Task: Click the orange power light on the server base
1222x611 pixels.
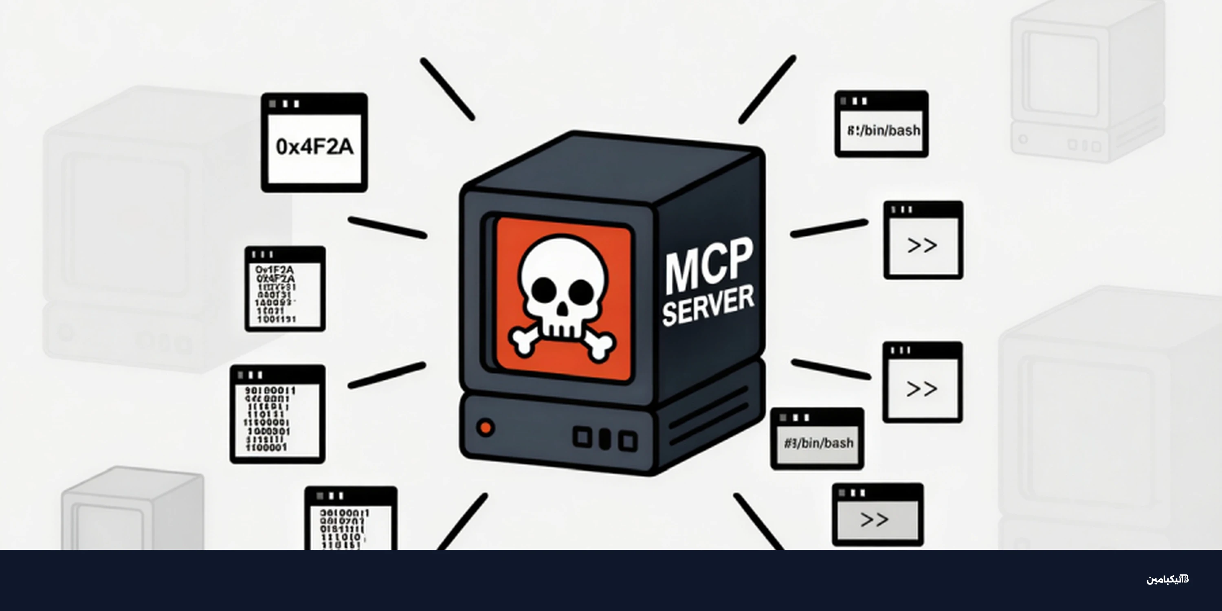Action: [485, 427]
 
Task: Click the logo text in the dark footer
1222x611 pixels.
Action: [1167, 579]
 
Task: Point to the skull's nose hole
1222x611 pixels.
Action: [562, 310]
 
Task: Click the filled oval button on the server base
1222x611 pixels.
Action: [604, 439]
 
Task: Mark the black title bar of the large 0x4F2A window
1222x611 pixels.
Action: [314, 103]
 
